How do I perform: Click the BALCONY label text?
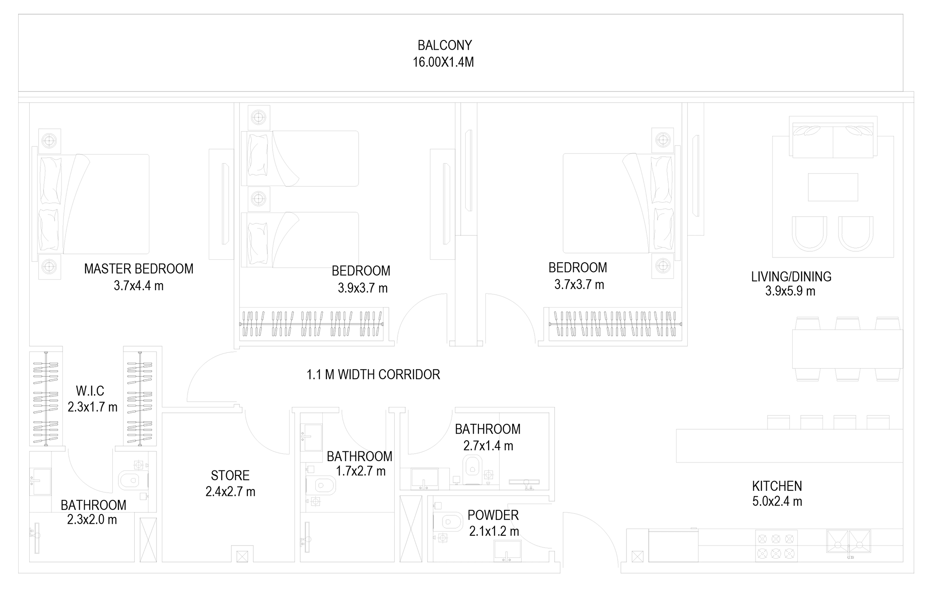(445, 45)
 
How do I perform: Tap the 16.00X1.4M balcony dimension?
(443, 62)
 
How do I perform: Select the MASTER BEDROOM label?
(139, 269)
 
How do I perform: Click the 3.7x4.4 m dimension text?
(139, 286)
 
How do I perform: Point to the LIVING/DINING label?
(791, 277)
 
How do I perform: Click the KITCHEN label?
(777, 486)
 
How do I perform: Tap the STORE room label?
(230, 475)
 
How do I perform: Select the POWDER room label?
(493, 515)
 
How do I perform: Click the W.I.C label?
(90, 391)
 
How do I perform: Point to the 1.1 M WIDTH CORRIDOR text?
(373, 375)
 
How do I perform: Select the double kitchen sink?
(849, 542)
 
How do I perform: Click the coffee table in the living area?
(833, 187)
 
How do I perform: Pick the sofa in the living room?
(833, 137)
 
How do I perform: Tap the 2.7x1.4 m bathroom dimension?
(488, 446)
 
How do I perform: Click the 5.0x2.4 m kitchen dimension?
(777, 502)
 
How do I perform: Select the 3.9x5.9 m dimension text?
(790, 291)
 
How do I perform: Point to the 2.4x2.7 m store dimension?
(230, 492)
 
